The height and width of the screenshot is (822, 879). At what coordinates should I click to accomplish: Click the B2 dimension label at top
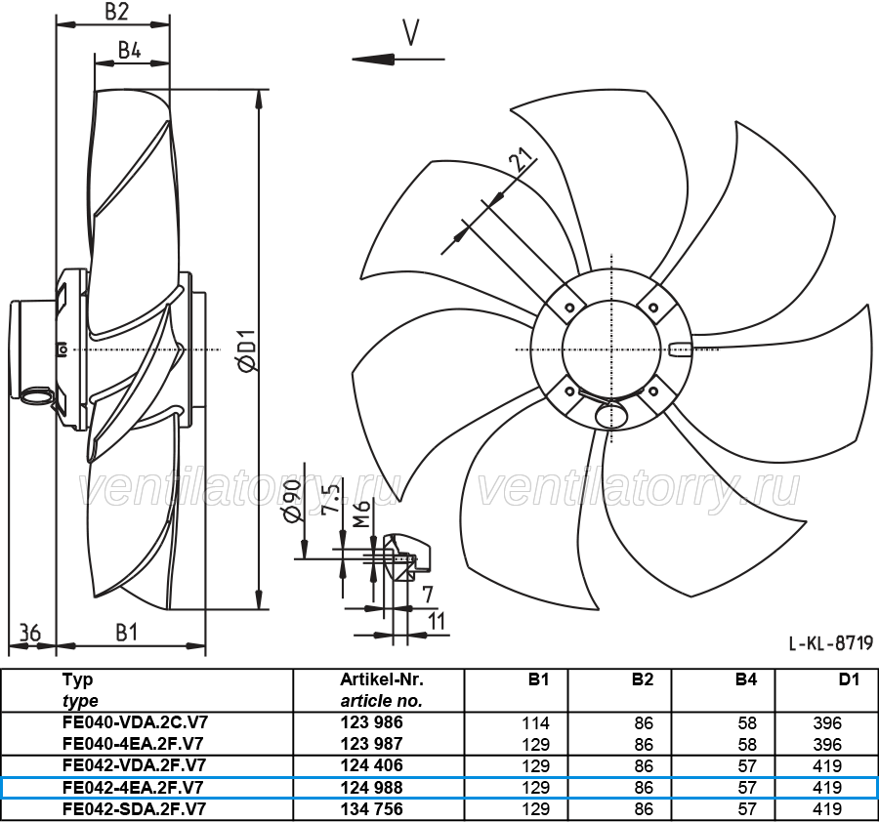pos(116,11)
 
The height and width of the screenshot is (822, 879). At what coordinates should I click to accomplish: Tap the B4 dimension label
pos(129,51)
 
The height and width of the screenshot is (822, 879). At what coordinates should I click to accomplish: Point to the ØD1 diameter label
pos(246,350)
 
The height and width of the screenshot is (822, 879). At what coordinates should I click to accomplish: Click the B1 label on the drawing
pos(127,632)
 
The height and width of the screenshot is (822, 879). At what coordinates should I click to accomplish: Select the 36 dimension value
pos(30,633)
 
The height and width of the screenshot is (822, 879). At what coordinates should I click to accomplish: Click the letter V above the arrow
pos(411,32)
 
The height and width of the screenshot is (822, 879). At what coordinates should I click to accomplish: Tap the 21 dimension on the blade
pos(522,161)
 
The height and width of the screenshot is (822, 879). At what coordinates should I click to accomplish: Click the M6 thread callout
pos(361,514)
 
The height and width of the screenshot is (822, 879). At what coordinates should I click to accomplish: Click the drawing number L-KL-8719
pos(831,643)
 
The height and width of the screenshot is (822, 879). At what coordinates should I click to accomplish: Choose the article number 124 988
pos(372,788)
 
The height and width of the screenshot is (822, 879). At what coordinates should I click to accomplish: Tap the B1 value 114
pos(535,722)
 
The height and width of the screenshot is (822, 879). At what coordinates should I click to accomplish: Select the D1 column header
pos(849,679)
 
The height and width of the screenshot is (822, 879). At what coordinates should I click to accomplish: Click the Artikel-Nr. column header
pos(382,679)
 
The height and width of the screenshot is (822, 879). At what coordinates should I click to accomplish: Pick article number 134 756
pos(372,809)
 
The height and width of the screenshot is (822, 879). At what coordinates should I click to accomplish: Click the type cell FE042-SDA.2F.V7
pos(135,809)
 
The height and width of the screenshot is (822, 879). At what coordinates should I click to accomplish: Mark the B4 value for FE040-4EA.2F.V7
pos(747,745)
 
